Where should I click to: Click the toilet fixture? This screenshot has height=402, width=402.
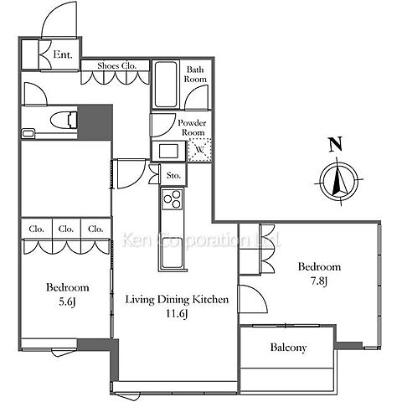point(64,121)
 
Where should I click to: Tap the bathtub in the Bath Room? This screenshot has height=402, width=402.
point(166,85)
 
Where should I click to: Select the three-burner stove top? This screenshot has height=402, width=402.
point(173,199)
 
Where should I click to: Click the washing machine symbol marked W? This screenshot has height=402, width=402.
point(199,150)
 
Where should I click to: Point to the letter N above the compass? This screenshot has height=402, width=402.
point(335,144)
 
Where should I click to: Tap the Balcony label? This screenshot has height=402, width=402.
point(288,348)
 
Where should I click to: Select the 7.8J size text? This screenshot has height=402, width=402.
point(318,281)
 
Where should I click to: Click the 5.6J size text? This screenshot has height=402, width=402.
point(67,301)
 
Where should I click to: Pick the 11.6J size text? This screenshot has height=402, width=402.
point(177,314)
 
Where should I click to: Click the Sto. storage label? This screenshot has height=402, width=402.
point(173,176)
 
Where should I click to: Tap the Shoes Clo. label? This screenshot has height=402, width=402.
point(117,66)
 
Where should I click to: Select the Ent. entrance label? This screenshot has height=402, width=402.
point(63,54)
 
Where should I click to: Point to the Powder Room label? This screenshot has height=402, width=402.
point(192,127)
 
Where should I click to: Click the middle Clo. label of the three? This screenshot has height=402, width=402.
point(66,229)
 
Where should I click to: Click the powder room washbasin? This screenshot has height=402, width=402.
point(168,151)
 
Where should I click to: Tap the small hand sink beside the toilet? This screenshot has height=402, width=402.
point(28,133)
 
